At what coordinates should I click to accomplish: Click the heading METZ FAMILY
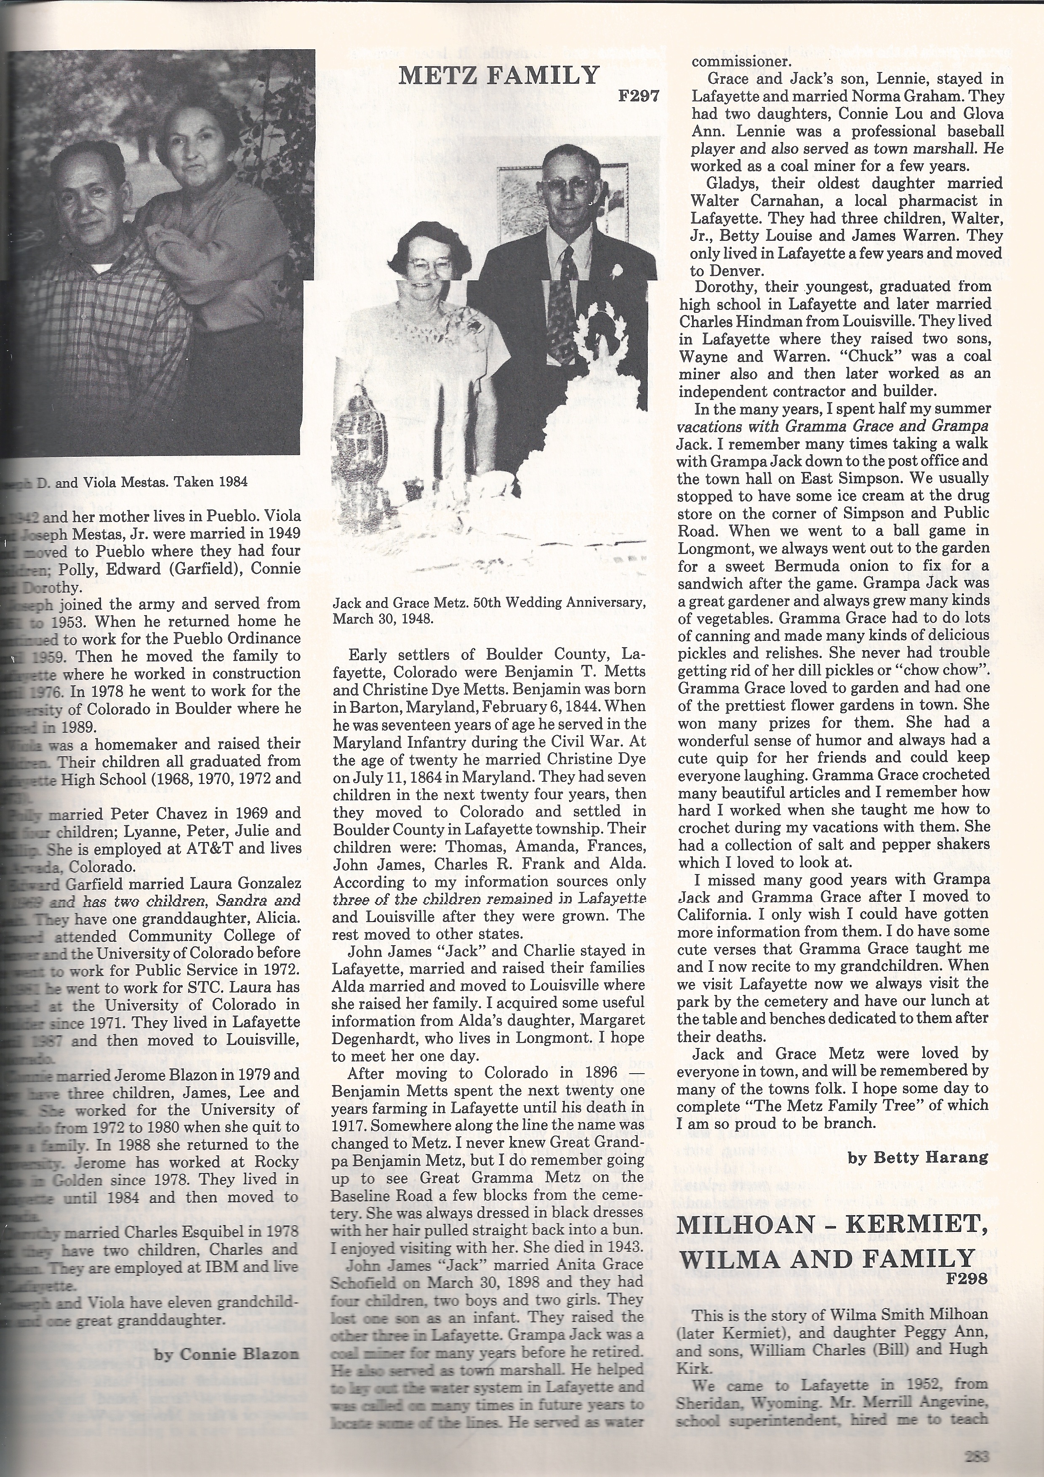498,76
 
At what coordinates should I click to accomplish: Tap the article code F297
638,96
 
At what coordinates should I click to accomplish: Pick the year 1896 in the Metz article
598,1072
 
